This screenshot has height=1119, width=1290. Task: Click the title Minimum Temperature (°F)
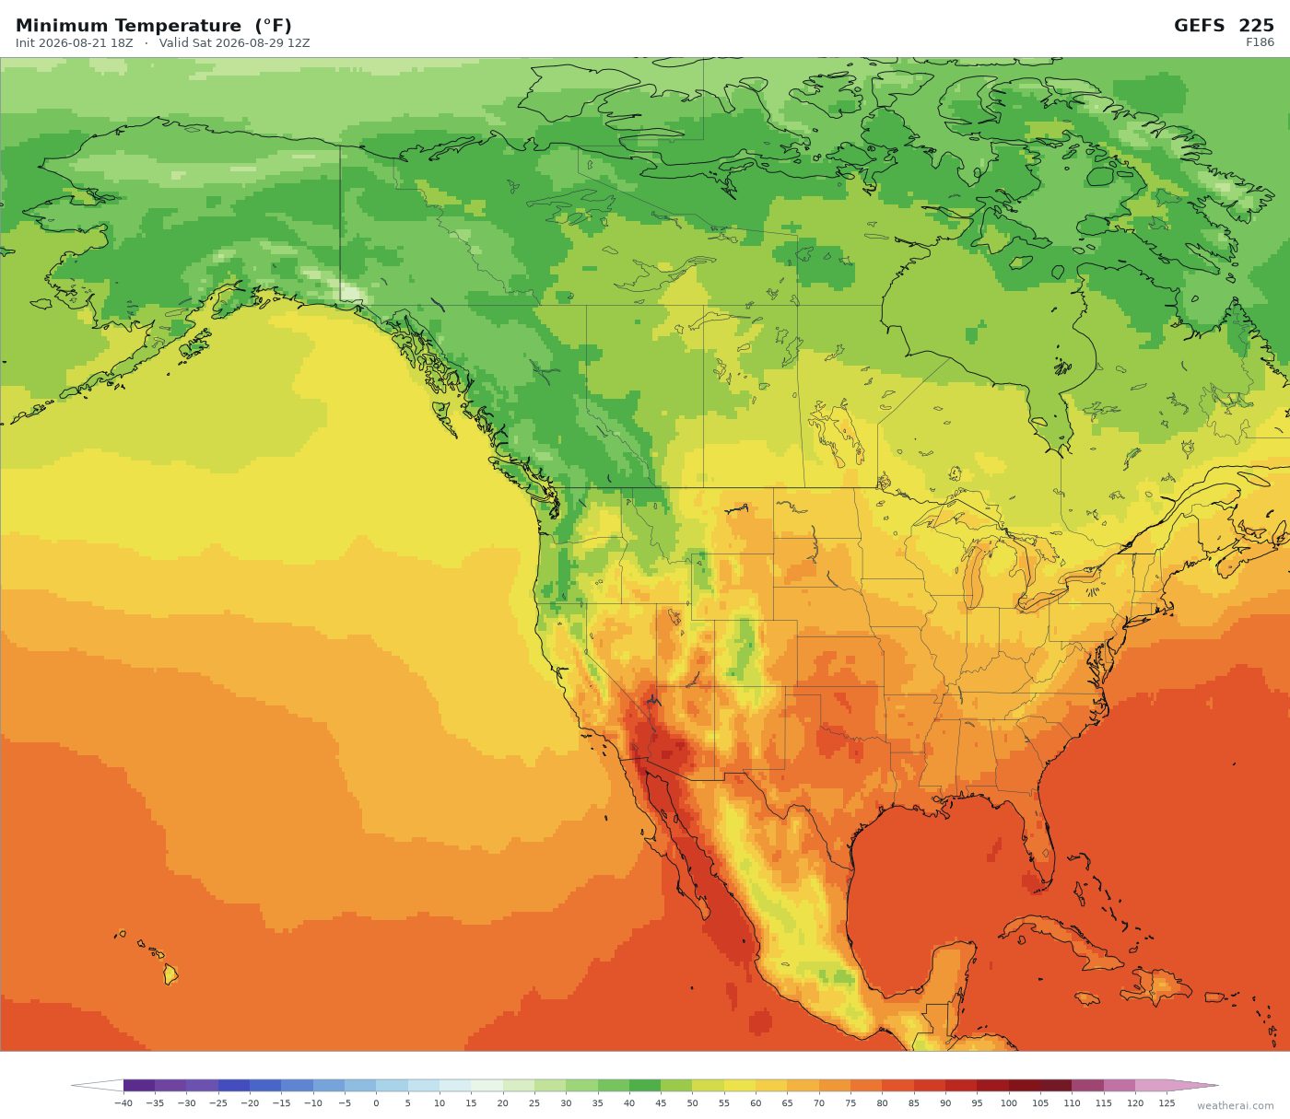153,26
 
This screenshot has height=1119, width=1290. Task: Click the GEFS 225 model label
1224,26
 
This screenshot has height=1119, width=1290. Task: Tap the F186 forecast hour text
1260,42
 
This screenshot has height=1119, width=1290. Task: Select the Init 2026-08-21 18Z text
75,43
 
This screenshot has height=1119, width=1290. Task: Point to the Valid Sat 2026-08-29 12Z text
235,43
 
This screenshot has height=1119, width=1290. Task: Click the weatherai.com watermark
1235,1106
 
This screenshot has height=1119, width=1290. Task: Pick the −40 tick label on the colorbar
123,1103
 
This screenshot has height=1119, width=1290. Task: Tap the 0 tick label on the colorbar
376,1103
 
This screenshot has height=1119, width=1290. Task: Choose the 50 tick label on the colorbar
692,1103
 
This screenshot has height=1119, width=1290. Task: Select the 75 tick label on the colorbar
850,1103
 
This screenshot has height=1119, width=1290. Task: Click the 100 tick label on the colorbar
1009,1103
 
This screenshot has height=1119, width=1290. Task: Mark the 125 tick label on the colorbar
1167,1103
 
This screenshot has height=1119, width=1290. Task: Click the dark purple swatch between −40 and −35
139,1086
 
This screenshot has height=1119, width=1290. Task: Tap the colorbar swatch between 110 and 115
1088,1086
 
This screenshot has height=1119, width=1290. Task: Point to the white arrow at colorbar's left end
97,1086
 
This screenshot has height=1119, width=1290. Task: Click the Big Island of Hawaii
170,974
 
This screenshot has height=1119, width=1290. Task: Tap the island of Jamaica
1087,998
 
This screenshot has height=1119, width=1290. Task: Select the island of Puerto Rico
1214,997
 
